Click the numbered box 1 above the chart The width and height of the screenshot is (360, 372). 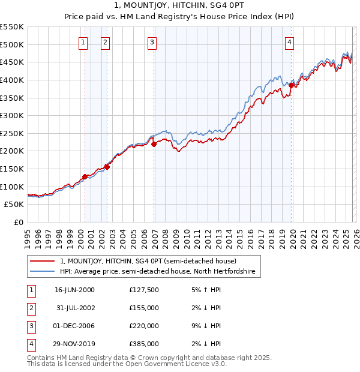(x=83, y=42)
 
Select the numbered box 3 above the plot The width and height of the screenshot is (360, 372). (x=152, y=42)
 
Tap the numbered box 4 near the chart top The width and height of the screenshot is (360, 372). (x=290, y=42)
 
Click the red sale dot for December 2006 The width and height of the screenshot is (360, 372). (x=154, y=144)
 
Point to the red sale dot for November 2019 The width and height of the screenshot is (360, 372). (x=292, y=85)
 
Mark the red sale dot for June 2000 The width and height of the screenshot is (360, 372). (x=85, y=176)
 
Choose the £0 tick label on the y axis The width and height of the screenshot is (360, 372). (x=18, y=222)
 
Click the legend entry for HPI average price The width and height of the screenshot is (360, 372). (x=157, y=272)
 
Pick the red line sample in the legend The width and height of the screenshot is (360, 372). (x=42, y=262)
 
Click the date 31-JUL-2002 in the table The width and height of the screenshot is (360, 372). (x=74, y=308)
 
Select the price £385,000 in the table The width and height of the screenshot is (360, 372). (x=144, y=344)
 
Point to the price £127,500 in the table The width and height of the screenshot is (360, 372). (x=144, y=290)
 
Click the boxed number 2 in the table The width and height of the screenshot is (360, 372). (x=31, y=308)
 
